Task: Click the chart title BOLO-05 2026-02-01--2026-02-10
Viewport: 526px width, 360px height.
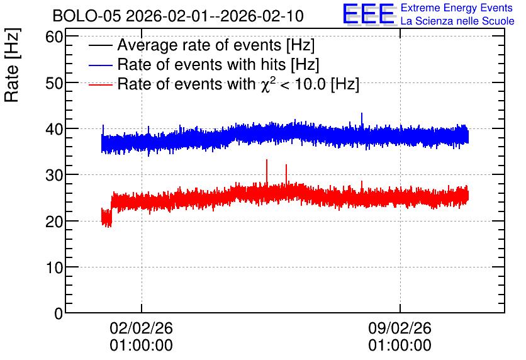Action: pos(178,16)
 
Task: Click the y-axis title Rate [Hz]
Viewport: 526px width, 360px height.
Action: pos(12,65)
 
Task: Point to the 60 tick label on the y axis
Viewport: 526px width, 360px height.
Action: pos(54,37)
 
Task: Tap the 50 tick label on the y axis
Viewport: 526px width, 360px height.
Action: pos(54,83)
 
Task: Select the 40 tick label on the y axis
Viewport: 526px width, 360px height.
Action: pos(54,129)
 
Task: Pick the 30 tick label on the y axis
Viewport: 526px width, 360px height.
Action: pos(54,175)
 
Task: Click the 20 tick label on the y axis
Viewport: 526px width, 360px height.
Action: pos(54,221)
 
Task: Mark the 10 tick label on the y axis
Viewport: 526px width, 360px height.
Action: pos(54,267)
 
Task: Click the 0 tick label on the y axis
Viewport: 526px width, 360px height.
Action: pos(59,313)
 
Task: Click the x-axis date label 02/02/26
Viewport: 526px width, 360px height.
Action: pos(141,328)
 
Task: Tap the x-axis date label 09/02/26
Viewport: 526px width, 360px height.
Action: pos(400,328)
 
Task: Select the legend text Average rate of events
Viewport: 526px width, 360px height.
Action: pos(199,45)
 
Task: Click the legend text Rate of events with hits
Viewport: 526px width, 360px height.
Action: pos(201,64)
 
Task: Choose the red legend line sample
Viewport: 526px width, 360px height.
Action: pos(101,84)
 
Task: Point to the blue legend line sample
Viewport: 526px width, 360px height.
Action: pos(101,65)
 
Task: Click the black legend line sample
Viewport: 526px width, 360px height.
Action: pos(101,45)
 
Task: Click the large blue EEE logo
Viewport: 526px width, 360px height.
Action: pos(369,14)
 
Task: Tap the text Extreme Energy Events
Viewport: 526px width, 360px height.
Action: pos(457,8)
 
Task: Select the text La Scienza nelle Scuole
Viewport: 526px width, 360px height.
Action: pos(457,21)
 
